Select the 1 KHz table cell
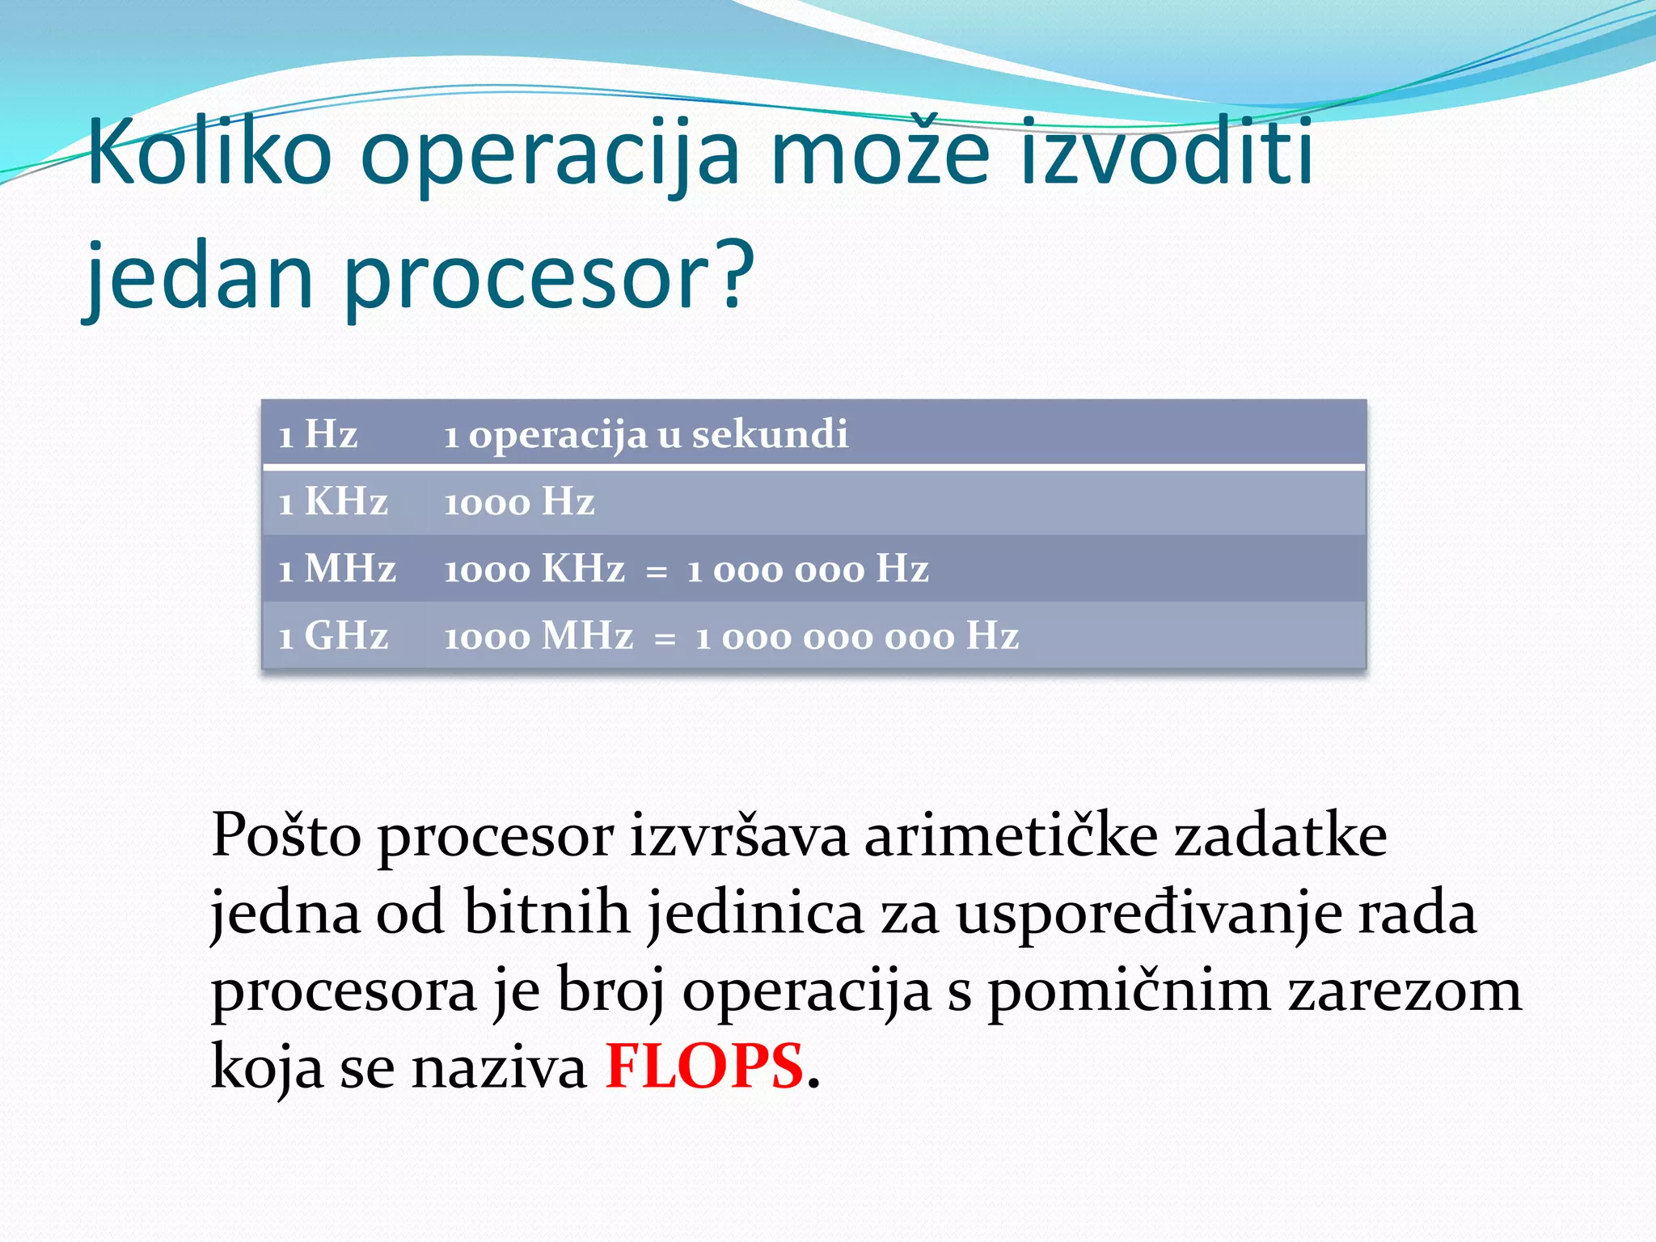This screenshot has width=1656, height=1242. [x=332, y=502]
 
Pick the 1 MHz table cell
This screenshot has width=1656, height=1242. [x=337, y=569]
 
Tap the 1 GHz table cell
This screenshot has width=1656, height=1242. [x=332, y=636]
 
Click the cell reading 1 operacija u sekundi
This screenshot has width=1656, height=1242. [x=646, y=434]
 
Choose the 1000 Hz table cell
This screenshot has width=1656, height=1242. [x=519, y=502]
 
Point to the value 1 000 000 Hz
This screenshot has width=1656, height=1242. [x=808, y=569]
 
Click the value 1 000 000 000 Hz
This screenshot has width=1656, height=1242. [x=857, y=636]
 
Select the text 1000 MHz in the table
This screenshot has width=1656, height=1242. [x=539, y=636]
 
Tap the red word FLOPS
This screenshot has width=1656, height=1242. [x=704, y=1066]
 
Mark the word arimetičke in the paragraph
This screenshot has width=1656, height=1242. [x=1011, y=835]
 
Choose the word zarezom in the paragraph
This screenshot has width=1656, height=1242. [x=1405, y=991]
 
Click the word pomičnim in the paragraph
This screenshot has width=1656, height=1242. [x=1129, y=991]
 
